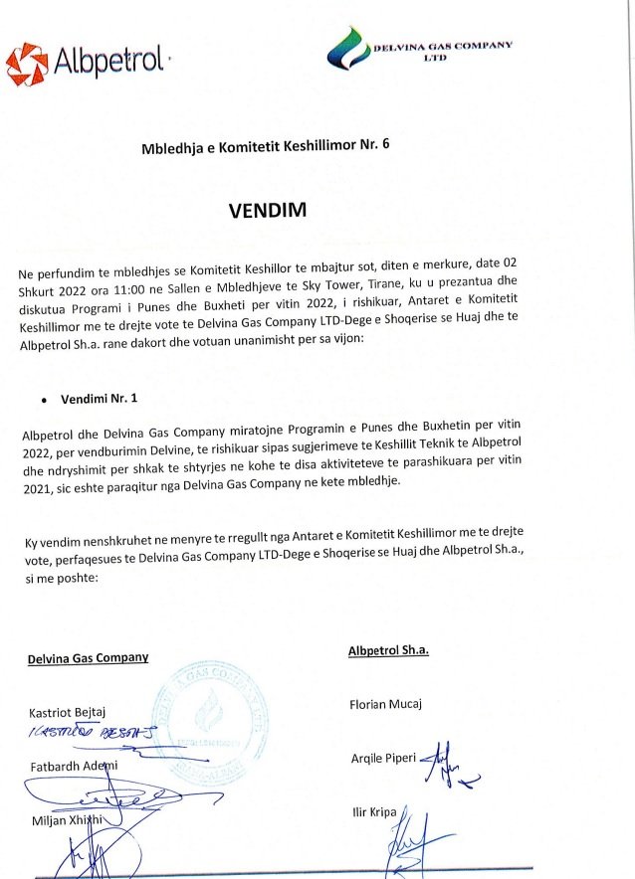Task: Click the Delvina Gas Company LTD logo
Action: [x=419, y=49]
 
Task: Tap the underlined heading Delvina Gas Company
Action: [x=88, y=657]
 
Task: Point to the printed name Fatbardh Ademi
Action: [x=72, y=765]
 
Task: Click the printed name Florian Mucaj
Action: [x=386, y=705]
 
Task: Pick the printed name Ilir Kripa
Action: [x=373, y=812]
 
